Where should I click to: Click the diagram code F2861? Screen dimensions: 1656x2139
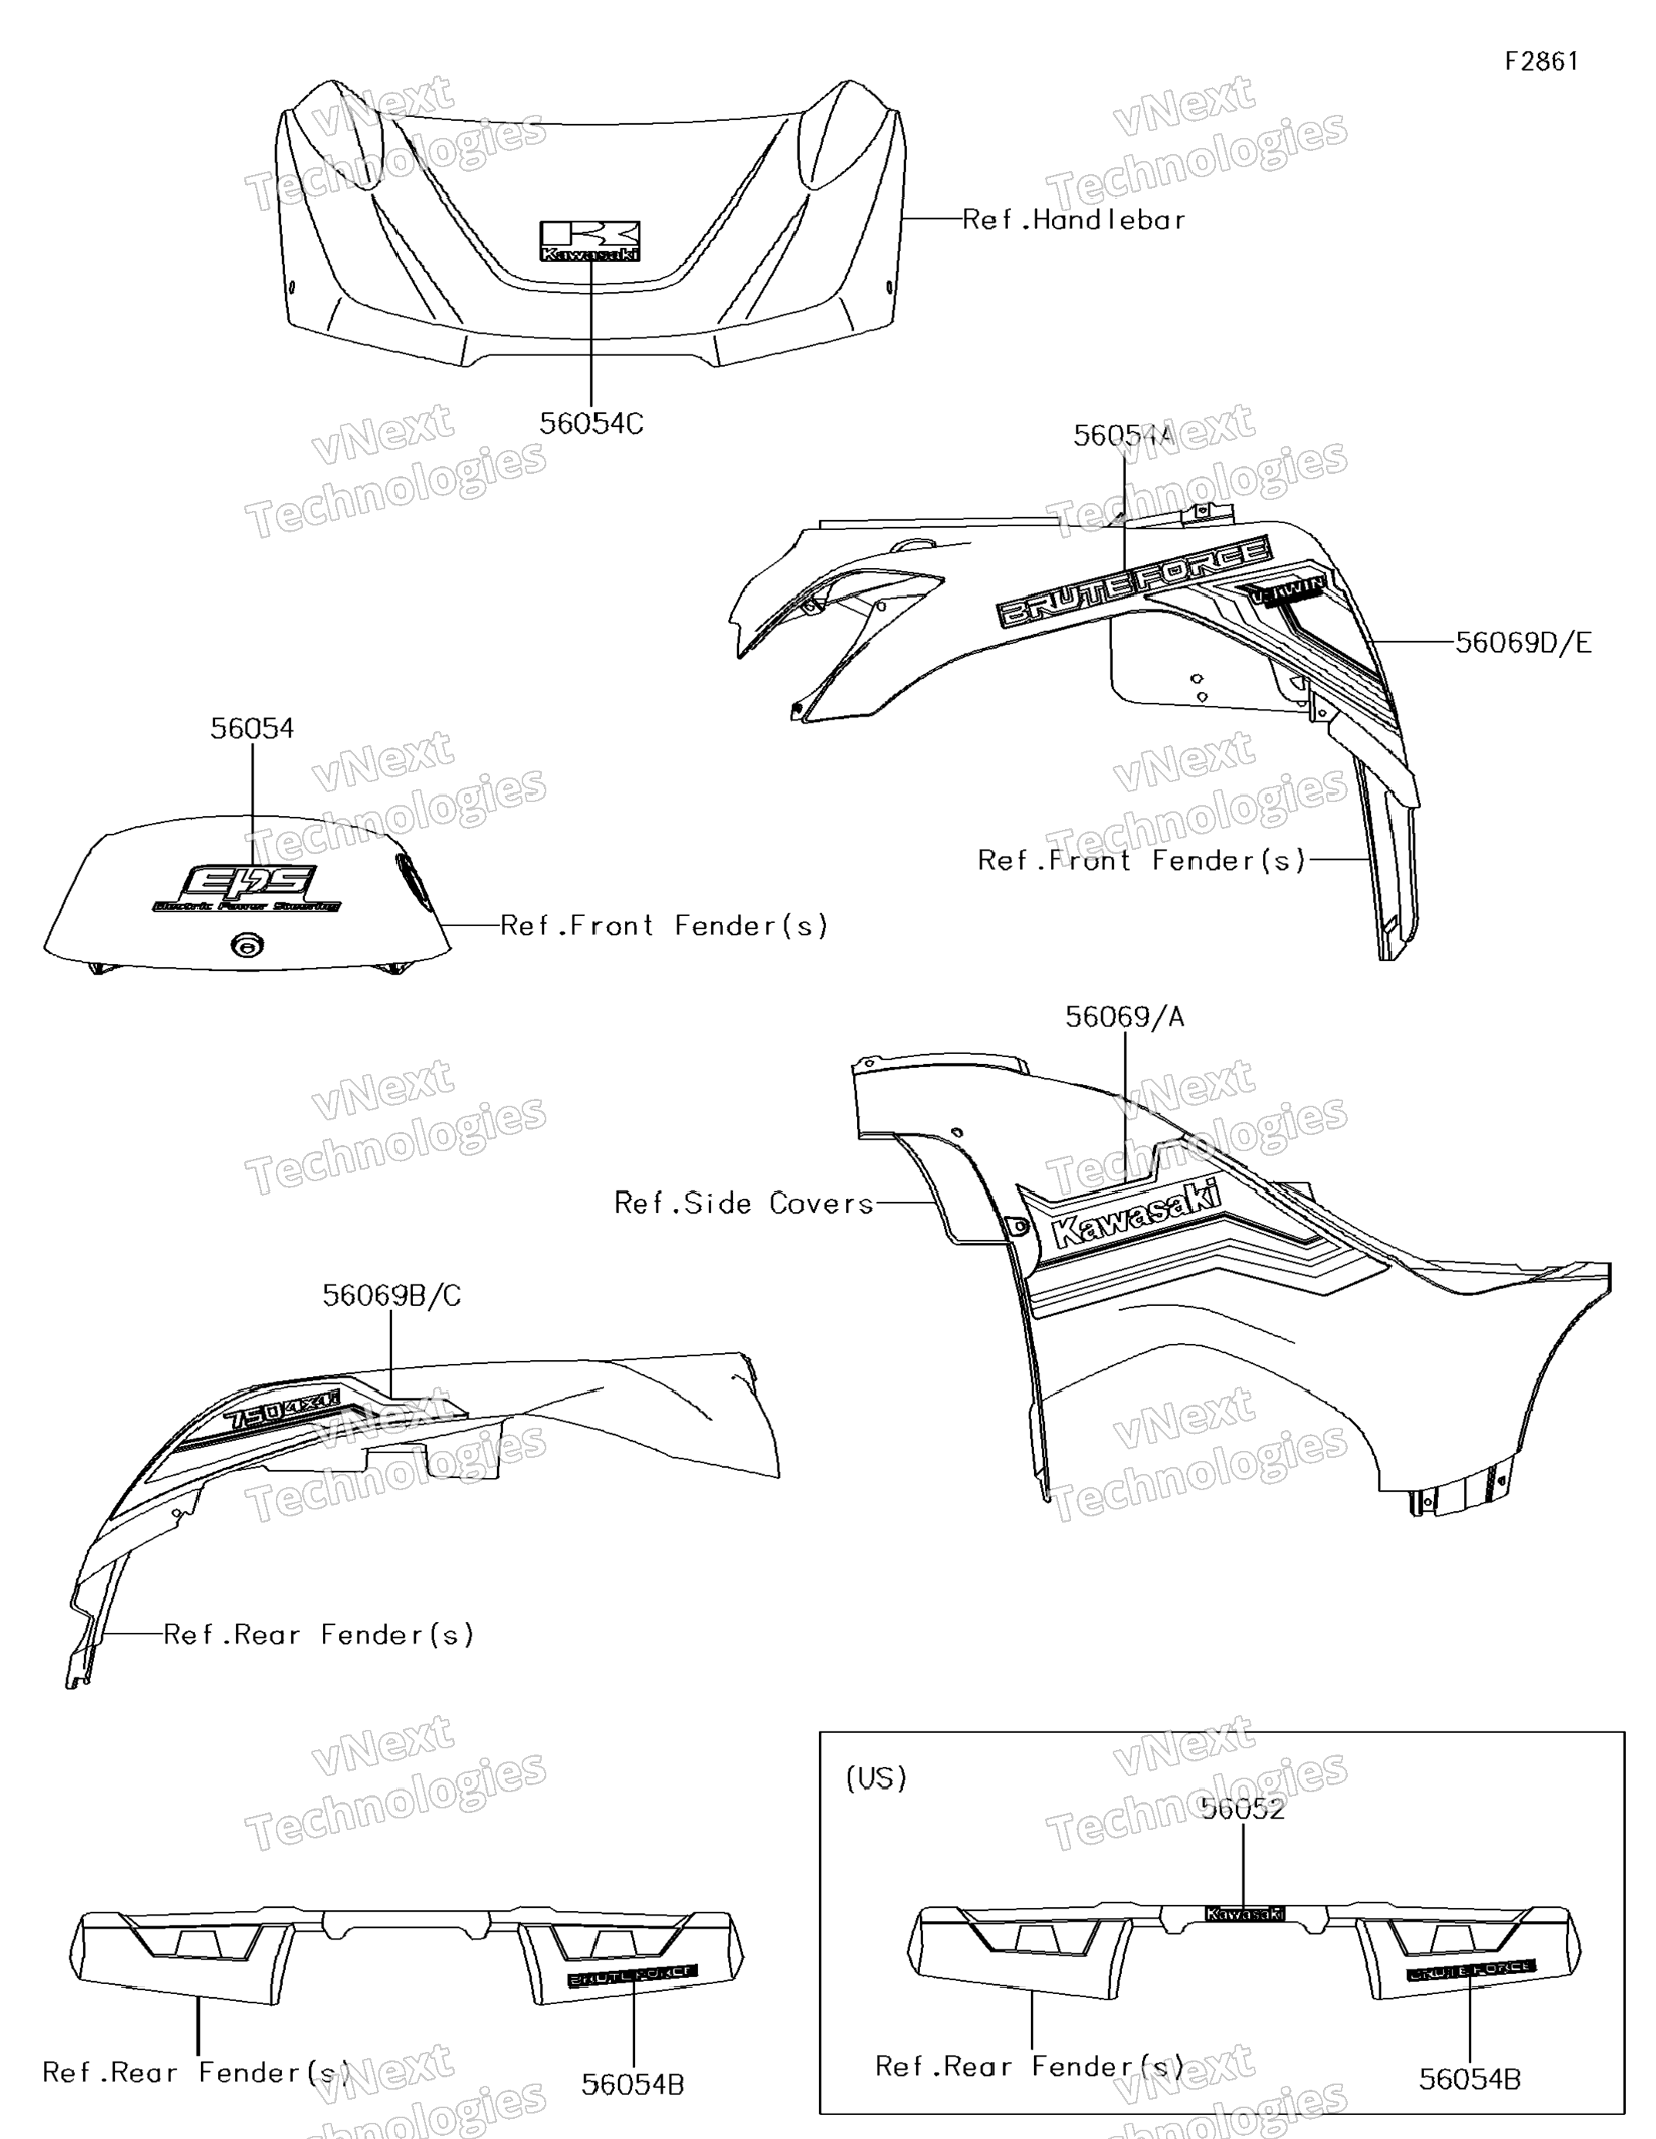1541,62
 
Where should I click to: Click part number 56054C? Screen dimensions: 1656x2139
590,423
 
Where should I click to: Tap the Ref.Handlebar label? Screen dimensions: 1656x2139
1073,220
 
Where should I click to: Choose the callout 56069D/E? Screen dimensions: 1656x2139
1523,643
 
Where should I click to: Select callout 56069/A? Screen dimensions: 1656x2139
1124,1018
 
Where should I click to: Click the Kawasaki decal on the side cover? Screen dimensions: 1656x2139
1136,1214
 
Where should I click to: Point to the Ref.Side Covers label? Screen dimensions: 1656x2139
744,1203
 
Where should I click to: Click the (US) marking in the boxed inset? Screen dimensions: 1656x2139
875,1778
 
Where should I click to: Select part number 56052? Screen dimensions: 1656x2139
1243,1809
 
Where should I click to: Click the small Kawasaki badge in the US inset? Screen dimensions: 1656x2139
1244,1912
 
